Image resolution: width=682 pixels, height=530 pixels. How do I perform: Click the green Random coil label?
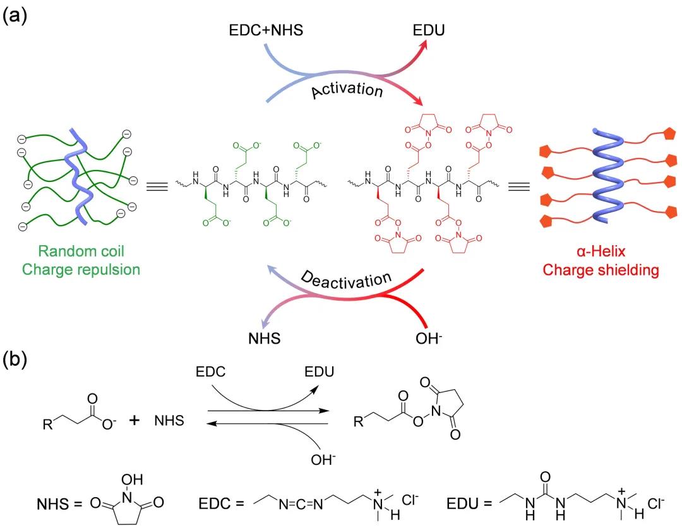pyautogui.click(x=81, y=255)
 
